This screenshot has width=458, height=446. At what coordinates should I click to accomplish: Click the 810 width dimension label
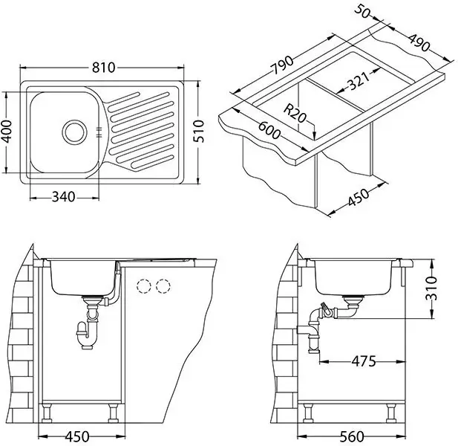tap(103, 68)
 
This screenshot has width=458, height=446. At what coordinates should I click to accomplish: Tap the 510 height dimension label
tap(199, 131)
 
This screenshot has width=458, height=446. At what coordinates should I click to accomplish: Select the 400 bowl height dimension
tap(7, 132)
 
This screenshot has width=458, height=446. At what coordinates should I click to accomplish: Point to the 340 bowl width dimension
tap(63, 197)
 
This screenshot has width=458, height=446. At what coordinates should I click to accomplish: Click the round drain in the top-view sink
tap(74, 132)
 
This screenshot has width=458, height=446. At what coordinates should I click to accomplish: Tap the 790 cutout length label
tap(282, 65)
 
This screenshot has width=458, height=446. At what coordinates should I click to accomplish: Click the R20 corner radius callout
tap(295, 114)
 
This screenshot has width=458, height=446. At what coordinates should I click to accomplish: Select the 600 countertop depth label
tap(269, 130)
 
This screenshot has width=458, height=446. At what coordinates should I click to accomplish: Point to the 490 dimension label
tap(419, 42)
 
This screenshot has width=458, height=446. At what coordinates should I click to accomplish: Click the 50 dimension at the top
tap(362, 12)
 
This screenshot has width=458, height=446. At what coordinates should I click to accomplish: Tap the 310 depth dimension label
tap(431, 288)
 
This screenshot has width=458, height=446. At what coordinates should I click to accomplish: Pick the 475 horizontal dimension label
tap(364, 361)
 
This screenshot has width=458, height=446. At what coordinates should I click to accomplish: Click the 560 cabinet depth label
tap(352, 437)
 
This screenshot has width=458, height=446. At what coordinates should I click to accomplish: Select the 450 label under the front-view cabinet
tap(77, 437)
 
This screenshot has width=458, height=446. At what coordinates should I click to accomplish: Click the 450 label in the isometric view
tap(359, 198)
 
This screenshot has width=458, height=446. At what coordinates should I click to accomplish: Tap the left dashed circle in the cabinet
tap(143, 286)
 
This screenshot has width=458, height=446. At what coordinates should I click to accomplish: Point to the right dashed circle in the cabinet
tap(163, 286)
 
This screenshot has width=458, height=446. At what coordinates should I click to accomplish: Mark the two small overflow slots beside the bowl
tap(99, 132)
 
